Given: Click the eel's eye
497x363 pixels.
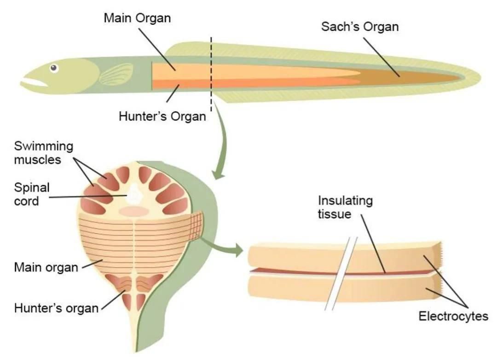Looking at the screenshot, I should click(54, 68).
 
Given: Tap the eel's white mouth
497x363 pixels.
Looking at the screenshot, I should click(34, 83).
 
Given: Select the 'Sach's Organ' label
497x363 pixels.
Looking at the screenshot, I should click(359, 26).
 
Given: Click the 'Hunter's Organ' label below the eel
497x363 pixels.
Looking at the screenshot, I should click(162, 116).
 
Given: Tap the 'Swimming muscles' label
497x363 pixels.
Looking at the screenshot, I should click(44, 153).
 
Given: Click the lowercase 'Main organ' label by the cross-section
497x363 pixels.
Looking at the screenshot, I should click(46, 267).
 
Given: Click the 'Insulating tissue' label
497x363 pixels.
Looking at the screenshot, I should click(345, 208).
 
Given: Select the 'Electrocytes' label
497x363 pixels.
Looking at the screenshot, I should click(453, 316).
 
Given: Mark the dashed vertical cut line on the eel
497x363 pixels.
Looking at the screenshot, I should click(211, 74).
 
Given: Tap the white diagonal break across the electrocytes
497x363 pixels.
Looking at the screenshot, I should click(340, 274).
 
